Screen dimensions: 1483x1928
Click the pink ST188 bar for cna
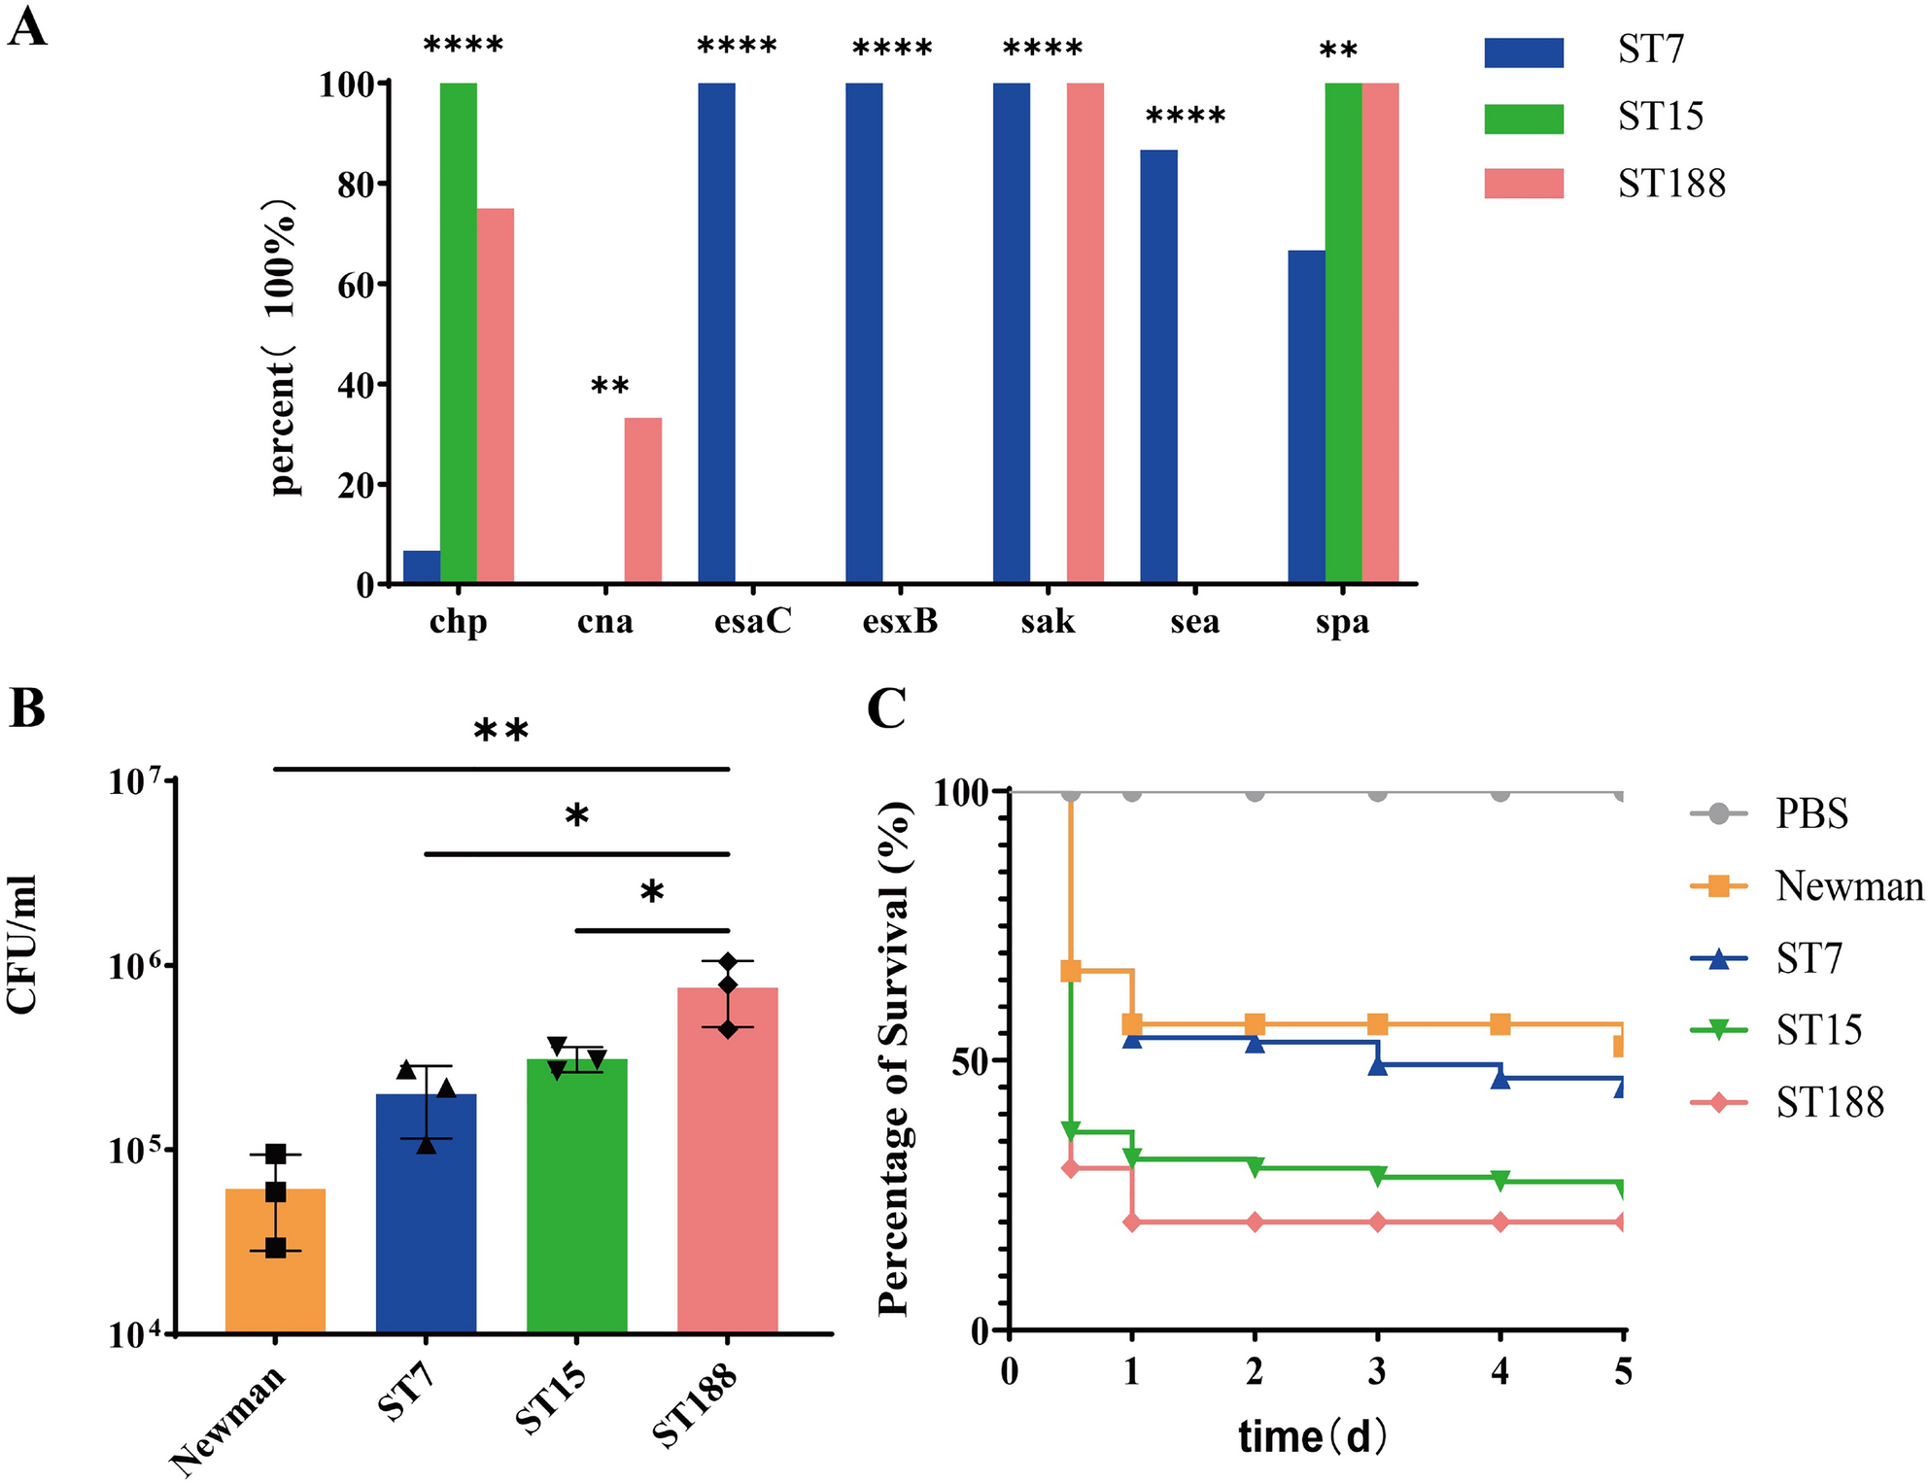point(642,500)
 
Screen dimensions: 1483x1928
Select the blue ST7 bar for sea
point(1158,366)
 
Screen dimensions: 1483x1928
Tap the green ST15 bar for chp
point(458,333)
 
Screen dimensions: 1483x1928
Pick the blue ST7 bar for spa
point(1306,417)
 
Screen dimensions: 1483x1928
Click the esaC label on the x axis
point(753,621)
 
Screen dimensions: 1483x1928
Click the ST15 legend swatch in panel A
point(1523,119)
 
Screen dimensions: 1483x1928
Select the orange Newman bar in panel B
point(275,1260)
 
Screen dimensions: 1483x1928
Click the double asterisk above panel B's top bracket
point(501,732)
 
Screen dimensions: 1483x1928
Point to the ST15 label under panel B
point(551,1400)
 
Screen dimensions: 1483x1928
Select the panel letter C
point(885,708)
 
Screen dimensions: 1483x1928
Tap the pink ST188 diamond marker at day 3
point(1377,1222)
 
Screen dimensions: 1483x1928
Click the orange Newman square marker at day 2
point(1255,1024)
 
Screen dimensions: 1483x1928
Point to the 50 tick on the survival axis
point(976,1061)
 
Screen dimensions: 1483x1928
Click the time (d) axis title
point(1312,1436)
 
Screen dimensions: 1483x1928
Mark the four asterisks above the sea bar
point(1186,118)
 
